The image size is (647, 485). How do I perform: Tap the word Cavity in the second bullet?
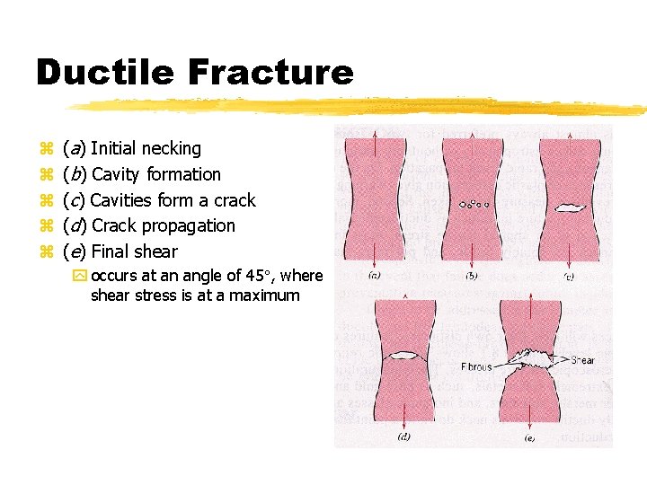click(116, 174)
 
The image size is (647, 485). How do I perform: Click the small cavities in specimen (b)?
click(474, 204)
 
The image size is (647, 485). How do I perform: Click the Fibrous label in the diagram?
click(476, 366)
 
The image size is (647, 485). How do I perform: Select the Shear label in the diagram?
click(582, 360)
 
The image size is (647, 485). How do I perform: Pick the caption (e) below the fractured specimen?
click(530, 437)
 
